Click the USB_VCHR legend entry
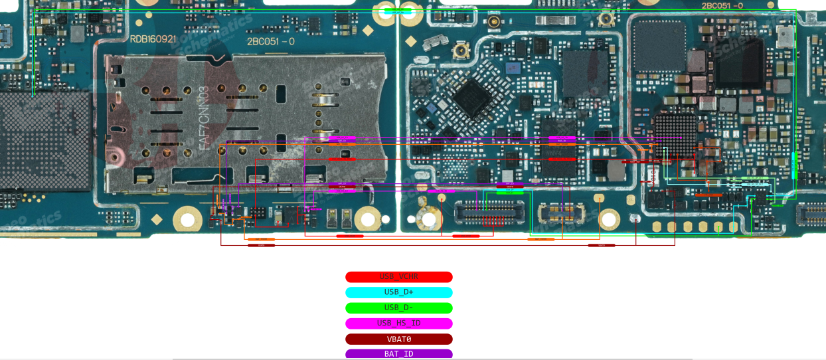(398, 277)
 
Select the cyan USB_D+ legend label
(398, 292)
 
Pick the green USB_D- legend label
(398, 308)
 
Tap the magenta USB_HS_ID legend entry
(398, 323)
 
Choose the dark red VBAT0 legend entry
(398, 339)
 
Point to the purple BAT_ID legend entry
(398, 353)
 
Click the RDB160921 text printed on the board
(153, 39)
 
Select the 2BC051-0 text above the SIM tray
(270, 41)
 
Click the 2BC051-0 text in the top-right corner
(722, 5)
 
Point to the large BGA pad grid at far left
(43, 141)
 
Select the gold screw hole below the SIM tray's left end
(187, 220)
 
